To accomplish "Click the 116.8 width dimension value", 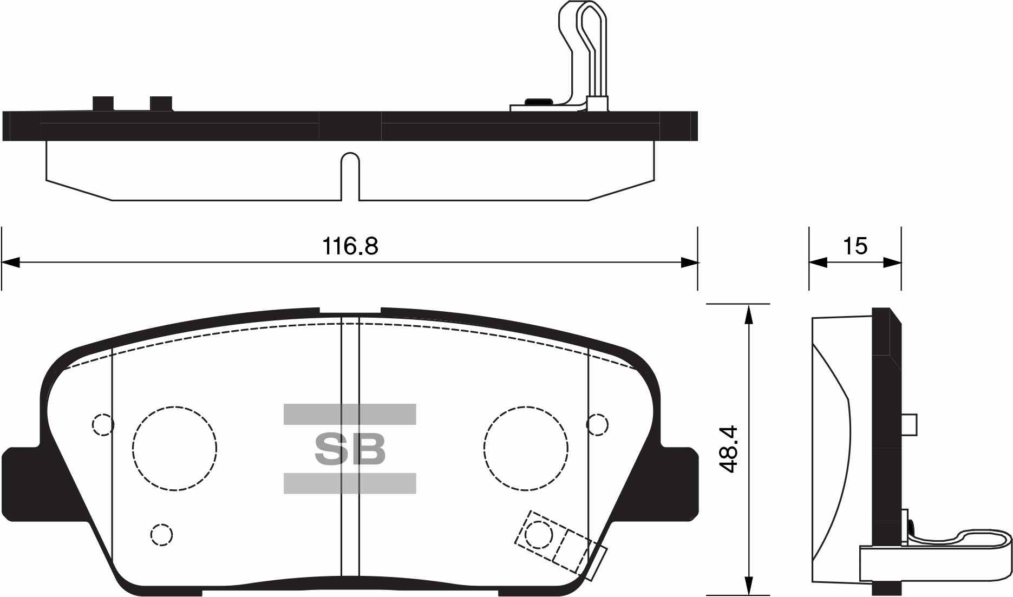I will (350, 247).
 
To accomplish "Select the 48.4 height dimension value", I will (730, 449).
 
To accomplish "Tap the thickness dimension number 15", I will (855, 246).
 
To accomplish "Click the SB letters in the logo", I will (350, 449).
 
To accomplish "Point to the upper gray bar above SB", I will (350, 414).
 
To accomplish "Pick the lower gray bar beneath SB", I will (350, 483).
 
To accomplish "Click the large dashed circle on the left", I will (174, 449).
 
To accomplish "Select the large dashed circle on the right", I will (526, 449).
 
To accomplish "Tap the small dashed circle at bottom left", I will (161, 535).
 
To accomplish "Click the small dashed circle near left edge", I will (103, 424).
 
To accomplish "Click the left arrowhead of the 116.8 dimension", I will (11, 263).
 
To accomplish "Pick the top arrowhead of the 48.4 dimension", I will (748, 313).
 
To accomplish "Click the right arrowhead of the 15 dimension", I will (893, 263).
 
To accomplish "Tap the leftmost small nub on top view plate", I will (103, 103).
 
